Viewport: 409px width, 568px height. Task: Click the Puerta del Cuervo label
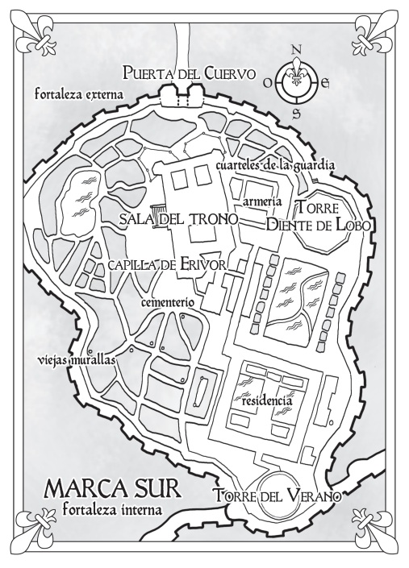(190, 74)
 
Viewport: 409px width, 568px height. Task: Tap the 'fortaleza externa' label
(79, 94)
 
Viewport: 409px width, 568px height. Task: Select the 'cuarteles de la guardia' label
(275, 165)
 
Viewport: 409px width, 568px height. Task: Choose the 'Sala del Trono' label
(177, 218)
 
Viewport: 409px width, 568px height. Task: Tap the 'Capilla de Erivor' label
(167, 266)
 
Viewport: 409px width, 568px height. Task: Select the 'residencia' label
(267, 399)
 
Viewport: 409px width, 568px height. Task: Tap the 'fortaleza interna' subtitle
(111, 510)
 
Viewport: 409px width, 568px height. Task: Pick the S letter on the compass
(296, 113)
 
